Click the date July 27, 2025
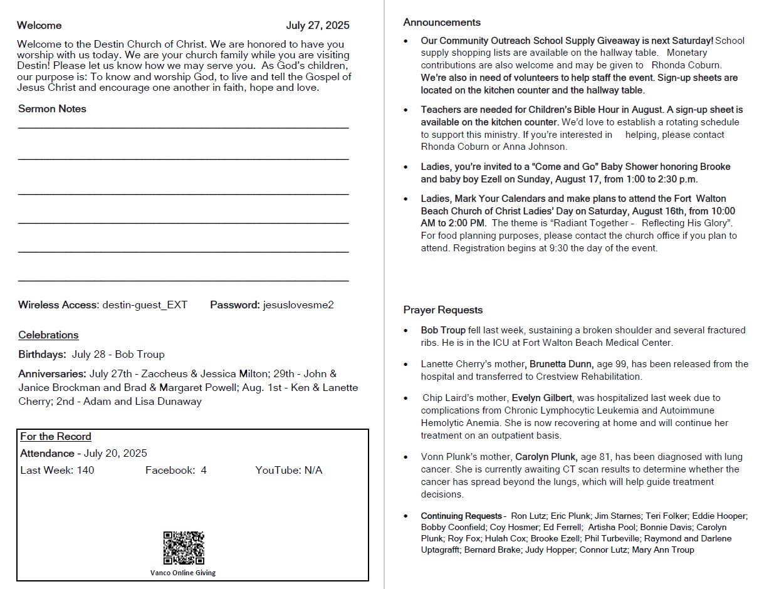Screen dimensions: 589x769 click(x=318, y=26)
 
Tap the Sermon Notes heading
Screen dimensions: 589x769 click(x=52, y=109)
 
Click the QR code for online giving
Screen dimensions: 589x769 click(x=184, y=548)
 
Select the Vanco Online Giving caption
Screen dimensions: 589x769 click(x=183, y=573)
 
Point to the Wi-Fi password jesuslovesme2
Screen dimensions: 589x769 click(x=298, y=305)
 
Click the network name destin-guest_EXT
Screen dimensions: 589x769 click(x=145, y=305)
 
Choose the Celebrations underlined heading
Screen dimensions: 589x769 click(x=48, y=335)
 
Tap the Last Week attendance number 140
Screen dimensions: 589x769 click(x=85, y=471)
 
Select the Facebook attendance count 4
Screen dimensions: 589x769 click(x=204, y=471)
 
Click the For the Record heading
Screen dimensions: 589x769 click(x=56, y=437)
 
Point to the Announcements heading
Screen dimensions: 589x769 click(x=442, y=23)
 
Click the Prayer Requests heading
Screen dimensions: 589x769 click(x=443, y=310)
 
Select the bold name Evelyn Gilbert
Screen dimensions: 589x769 click(x=542, y=398)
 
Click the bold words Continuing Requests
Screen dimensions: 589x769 click(x=461, y=516)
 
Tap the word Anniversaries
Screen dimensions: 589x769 click(x=53, y=374)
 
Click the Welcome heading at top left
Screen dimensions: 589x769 click(x=39, y=26)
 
